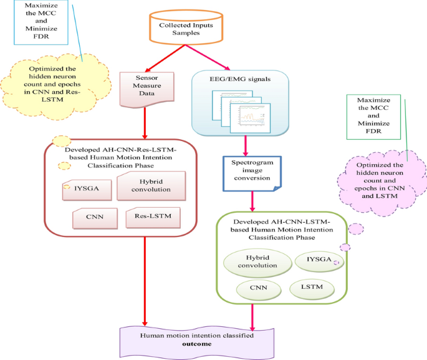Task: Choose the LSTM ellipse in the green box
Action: pos(311,288)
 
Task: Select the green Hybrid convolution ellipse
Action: pos(256,261)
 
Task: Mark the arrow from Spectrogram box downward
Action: pos(252,200)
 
